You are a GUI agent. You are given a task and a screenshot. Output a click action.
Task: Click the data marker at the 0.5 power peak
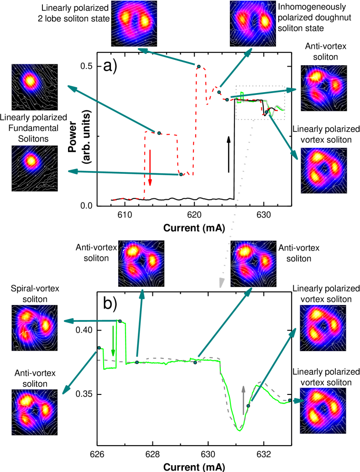point(198,66)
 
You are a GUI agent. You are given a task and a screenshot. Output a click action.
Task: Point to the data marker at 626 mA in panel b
point(99,348)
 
